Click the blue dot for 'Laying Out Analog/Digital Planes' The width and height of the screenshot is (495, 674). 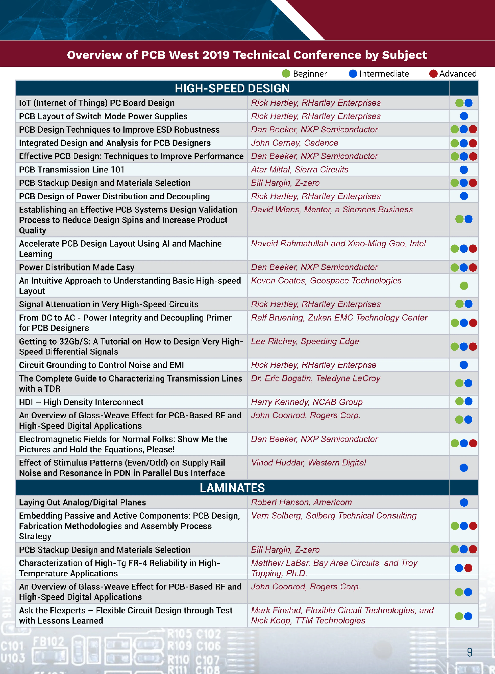pyautogui.click(x=464, y=502)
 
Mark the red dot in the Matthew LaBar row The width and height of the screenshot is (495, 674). pyautogui.click(x=468, y=568)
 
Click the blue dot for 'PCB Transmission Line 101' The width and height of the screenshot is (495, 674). pyautogui.click(x=464, y=170)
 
